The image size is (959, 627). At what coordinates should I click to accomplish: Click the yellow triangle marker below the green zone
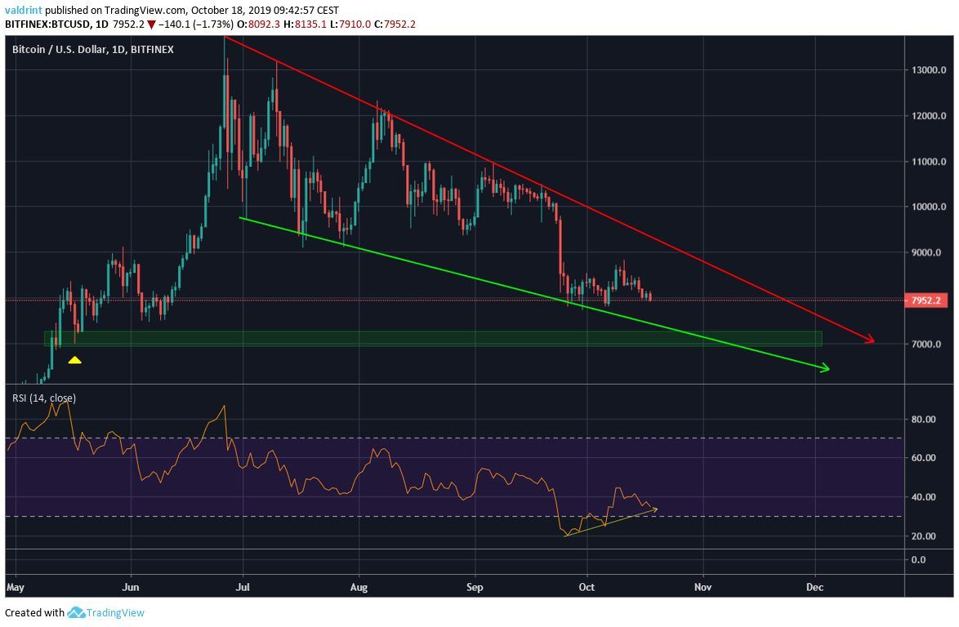tap(74, 359)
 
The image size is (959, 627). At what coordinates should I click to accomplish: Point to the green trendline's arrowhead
tap(825, 370)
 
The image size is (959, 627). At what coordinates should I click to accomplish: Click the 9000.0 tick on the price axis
tap(927, 253)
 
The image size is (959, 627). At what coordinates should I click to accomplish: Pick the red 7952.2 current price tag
tap(927, 300)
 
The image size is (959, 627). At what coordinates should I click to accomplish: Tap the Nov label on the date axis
tap(700, 587)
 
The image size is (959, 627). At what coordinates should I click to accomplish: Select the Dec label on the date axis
tap(814, 587)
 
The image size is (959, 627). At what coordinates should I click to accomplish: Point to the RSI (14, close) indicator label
tap(44, 398)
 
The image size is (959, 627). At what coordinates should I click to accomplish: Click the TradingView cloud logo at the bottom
tap(77, 612)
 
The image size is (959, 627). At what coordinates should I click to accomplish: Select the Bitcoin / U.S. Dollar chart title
tap(93, 50)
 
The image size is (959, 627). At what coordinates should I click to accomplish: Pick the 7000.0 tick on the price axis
tap(927, 345)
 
